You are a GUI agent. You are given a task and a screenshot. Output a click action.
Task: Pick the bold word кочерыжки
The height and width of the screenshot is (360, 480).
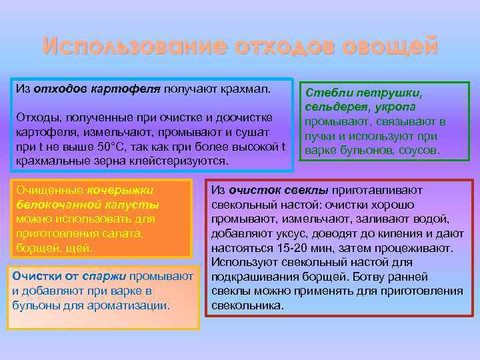[x=120, y=189]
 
